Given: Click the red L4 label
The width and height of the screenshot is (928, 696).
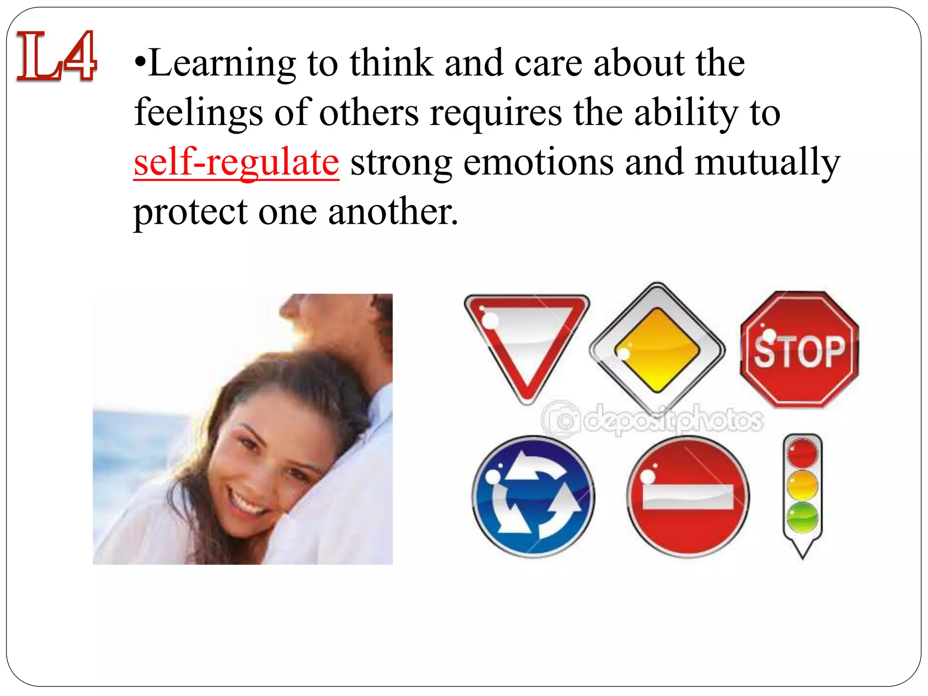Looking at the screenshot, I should point(56,56).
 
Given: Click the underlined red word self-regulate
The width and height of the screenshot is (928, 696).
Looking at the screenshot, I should point(236,162).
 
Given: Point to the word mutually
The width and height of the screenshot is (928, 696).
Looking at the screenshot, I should point(767,162).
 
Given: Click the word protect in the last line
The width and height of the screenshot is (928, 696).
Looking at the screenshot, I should point(190,212).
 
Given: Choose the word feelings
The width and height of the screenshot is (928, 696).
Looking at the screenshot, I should point(198,113).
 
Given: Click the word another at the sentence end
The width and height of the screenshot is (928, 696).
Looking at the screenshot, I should point(392,212).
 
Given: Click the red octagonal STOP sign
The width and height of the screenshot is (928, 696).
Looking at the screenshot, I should point(799,349).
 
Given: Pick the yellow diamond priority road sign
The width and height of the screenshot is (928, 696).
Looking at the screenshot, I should point(657,349).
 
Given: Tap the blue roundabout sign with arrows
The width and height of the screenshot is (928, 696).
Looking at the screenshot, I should point(533,496).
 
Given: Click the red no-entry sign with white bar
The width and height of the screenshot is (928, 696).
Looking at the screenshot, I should point(688,497).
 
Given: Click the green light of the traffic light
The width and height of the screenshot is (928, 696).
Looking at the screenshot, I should point(802,517).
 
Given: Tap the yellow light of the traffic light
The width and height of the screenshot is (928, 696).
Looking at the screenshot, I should point(802,485).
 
